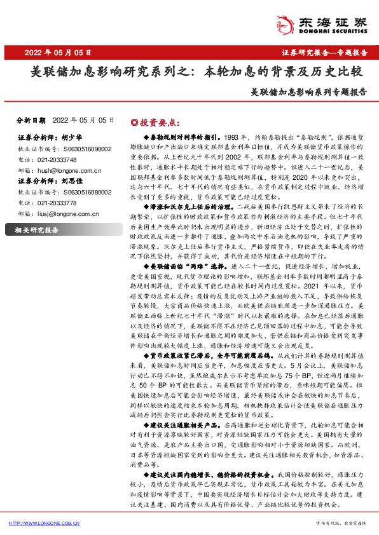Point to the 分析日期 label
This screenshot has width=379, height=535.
[x=31, y=119]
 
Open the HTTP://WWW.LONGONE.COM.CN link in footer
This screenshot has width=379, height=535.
[x=44, y=523]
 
